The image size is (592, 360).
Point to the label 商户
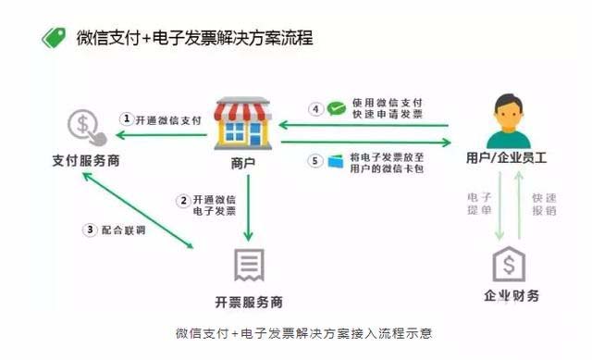(x=242, y=162)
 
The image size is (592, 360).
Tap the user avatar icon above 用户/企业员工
(x=505, y=120)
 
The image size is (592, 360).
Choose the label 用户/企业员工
(x=507, y=158)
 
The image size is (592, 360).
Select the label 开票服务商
(x=248, y=302)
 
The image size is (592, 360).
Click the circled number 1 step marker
(x=128, y=118)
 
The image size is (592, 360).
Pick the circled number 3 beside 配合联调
(x=90, y=230)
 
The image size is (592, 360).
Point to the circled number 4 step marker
(x=315, y=108)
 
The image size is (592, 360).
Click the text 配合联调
(x=124, y=230)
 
